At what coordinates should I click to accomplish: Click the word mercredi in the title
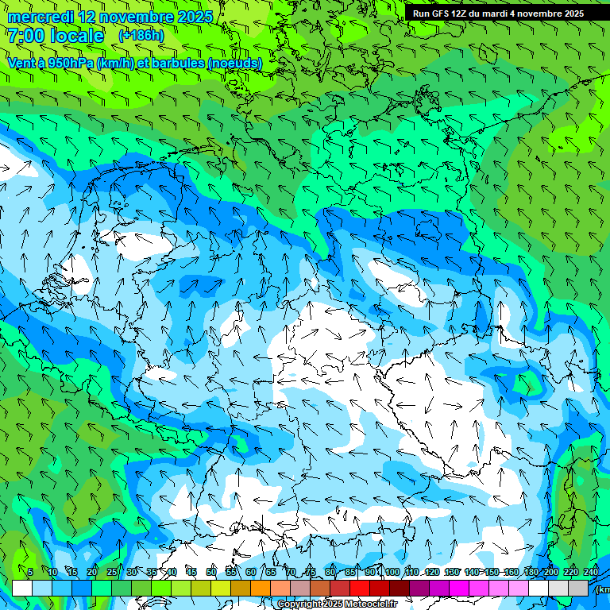click(x=41, y=17)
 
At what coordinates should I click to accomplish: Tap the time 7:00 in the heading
click(x=26, y=36)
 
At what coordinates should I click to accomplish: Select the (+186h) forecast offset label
click(x=141, y=36)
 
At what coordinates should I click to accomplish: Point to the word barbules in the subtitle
click(x=176, y=62)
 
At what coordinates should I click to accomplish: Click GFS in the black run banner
click(x=442, y=14)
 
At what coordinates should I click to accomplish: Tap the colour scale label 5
click(x=30, y=572)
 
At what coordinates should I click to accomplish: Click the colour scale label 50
click(x=210, y=572)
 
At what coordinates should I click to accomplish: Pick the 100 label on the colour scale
click(x=392, y=572)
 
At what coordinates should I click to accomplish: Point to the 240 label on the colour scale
click(x=591, y=572)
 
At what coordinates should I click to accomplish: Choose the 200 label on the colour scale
click(x=550, y=572)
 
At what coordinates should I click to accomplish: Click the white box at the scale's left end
click(x=22, y=588)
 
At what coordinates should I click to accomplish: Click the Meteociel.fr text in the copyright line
click(x=367, y=604)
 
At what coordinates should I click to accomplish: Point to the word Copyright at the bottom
click(x=301, y=604)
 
